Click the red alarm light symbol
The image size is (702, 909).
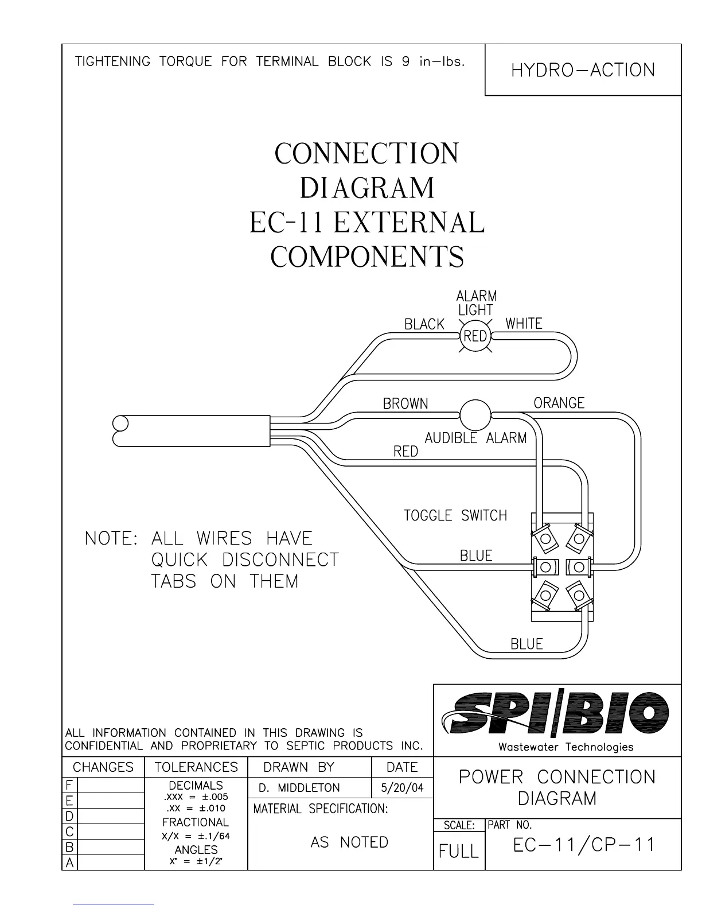[x=475, y=336]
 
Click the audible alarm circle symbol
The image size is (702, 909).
[x=475, y=414]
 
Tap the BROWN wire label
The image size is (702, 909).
[x=405, y=404]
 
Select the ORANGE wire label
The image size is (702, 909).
[x=559, y=403]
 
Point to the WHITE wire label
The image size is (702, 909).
[x=524, y=324]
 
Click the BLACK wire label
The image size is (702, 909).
[x=424, y=324]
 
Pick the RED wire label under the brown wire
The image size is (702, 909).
[x=405, y=452]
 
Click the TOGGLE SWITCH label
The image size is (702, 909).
[x=455, y=515]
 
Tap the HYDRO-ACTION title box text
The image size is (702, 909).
[x=583, y=70]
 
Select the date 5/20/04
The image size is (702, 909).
[x=402, y=788]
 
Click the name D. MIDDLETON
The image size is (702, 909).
[x=299, y=788]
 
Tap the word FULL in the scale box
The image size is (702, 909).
[x=459, y=851]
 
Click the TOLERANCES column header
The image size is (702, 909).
[x=196, y=767]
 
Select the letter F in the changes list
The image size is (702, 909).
[x=69, y=785]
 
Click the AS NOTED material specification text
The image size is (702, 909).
[x=349, y=842]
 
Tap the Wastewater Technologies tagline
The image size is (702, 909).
[x=565, y=747]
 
